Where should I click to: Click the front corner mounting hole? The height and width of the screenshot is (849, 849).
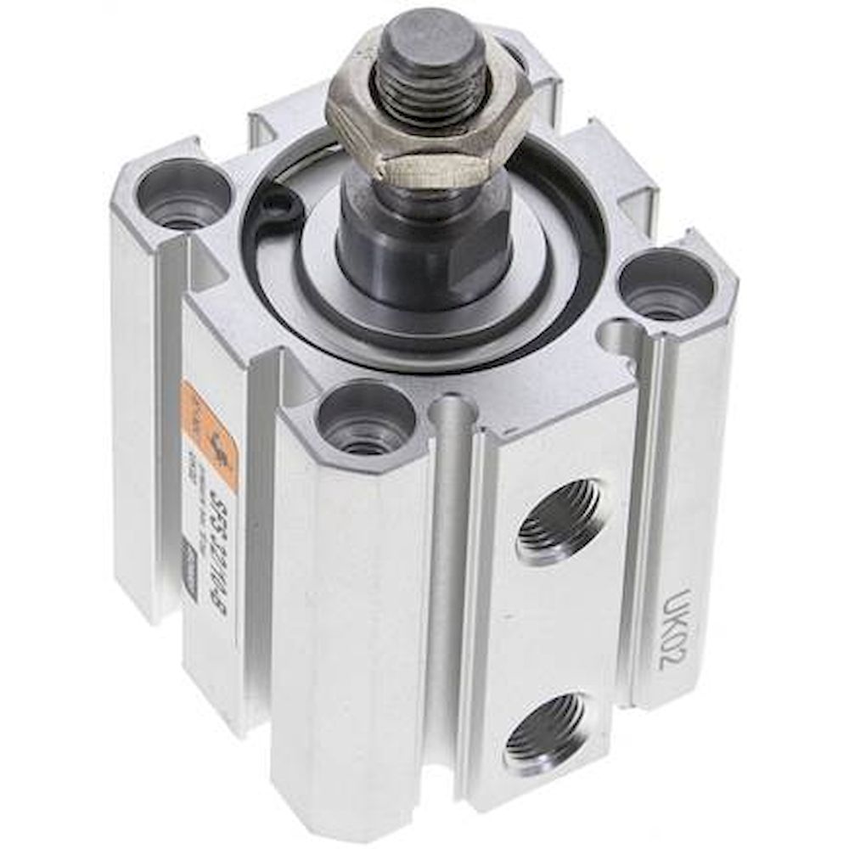365,417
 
